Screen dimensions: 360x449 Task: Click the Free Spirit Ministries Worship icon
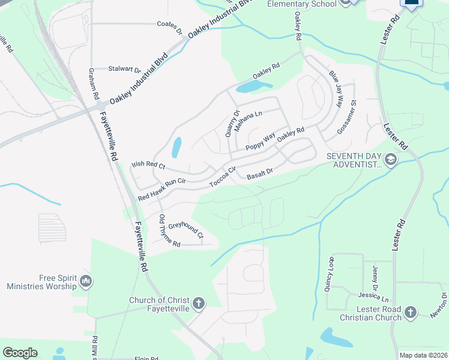pyautogui.click(x=85, y=281)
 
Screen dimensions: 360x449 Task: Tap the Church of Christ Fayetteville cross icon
pyautogui.click(x=199, y=304)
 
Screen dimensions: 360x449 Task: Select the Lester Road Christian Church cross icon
pyautogui.click(x=410, y=312)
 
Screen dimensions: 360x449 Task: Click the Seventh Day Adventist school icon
pyautogui.click(x=391, y=160)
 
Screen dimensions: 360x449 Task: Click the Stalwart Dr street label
pyautogui.click(x=124, y=68)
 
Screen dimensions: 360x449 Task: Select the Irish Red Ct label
pyautogui.click(x=148, y=164)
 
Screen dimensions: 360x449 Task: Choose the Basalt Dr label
pyautogui.click(x=260, y=175)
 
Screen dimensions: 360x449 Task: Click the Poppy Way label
pyautogui.click(x=260, y=142)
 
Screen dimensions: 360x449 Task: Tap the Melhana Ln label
pyautogui.click(x=249, y=121)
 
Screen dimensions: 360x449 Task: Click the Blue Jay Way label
pyautogui.click(x=335, y=88)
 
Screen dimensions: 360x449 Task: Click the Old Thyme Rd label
pyautogui.click(x=168, y=232)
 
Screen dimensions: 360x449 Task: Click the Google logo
pyautogui.click(x=20, y=353)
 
